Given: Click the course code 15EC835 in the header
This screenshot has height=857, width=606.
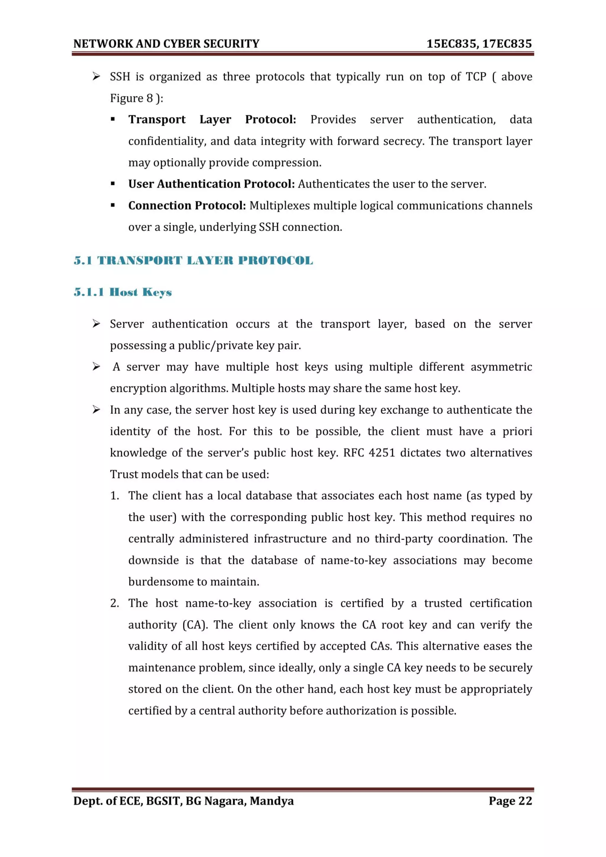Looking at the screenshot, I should [x=452, y=44].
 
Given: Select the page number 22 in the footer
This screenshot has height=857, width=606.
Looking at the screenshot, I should [x=526, y=801].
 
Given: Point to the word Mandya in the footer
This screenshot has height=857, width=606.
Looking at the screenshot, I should [x=272, y=801].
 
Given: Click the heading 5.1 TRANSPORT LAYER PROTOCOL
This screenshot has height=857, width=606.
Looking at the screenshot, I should [x=193, y=260].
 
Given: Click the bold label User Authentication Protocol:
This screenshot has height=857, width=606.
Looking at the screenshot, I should [x=211, y=184].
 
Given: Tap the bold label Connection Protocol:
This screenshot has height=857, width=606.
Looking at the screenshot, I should [x=187, y=206].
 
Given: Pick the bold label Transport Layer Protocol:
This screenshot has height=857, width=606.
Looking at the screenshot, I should [x=212, y=120].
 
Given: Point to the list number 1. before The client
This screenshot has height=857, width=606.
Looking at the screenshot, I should [x=115, y=496].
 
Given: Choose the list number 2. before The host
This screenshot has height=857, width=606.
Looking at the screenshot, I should [x=115, y=603].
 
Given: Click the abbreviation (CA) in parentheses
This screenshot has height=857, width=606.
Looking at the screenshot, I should [x=195, y=625].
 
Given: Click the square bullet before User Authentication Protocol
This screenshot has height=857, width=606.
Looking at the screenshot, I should [x=113, y=184].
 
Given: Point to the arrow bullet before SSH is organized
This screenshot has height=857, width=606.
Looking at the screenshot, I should [x=96, y=77].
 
